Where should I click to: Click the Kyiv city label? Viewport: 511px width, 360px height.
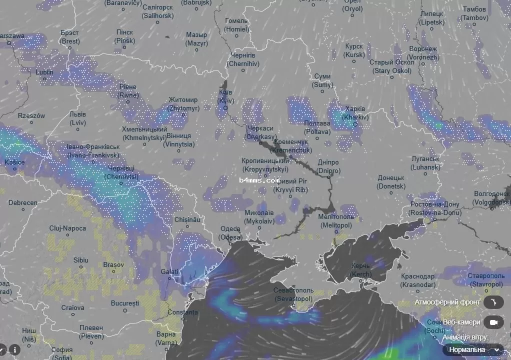tap(225, 96)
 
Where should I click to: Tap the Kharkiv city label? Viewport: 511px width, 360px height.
tap(355, 113)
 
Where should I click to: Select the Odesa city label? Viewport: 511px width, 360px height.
tap(230, 232)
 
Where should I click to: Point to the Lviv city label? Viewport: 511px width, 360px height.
tap(77, 118)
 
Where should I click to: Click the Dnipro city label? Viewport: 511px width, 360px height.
tap(328, 166)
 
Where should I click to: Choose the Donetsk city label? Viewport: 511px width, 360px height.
tap(391, 182)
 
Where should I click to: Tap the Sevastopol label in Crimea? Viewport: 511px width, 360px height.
tap(293, 294)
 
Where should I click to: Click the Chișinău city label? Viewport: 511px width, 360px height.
tap(187, 219)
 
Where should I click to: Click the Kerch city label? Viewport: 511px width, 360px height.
tap(360, 270)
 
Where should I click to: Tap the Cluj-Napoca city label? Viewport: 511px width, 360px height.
tap(67, 228)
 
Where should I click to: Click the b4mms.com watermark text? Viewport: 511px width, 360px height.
tap(259, 180)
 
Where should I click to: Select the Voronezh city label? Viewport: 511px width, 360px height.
tap(409, 53)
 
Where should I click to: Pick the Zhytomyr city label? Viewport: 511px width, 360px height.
tap(183, 103)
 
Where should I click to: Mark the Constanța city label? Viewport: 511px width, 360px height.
tap(182, 312)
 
